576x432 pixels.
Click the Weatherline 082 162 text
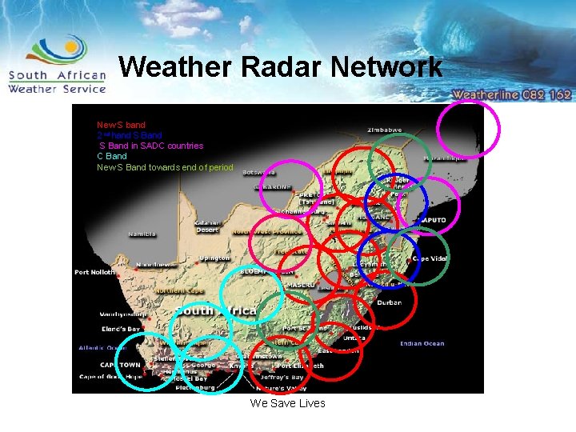click(512, 94)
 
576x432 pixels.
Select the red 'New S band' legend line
click(122, 125)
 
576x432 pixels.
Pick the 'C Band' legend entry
click(112, 156)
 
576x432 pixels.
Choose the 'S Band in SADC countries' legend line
click(150, 146)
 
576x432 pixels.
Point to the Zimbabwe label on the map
click(385, 130)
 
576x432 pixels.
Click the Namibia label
click(142, 234)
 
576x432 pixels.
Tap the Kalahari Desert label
click(207, 226)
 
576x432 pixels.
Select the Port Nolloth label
click(95, 272)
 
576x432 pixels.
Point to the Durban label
click(390, 302)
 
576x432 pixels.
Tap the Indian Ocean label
click(422, 344)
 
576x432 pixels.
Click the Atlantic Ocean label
click(102, 348)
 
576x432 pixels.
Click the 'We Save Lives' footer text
click(287, 403)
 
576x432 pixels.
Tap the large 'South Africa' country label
click(216, 310)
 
